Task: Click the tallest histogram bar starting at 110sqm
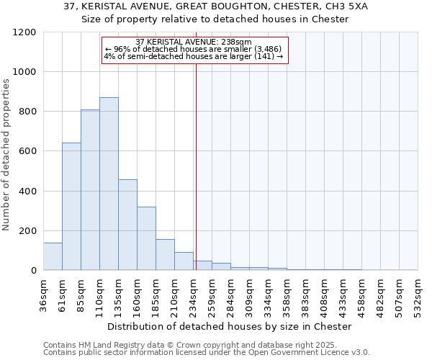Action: click(109, 184)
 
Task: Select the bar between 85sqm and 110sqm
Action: click(90, 190)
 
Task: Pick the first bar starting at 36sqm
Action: click(53, 256)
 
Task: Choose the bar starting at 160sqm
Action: click(146, 238)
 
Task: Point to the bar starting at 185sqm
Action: click(165, 255)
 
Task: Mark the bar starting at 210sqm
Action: click(184, 261)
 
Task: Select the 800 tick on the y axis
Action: click(27, 112)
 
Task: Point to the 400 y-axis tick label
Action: click(27, 192)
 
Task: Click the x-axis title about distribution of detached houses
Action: click(230, 326)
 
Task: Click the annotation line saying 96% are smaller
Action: click(194, 49)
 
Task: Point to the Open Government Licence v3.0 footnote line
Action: click(207, 352)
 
